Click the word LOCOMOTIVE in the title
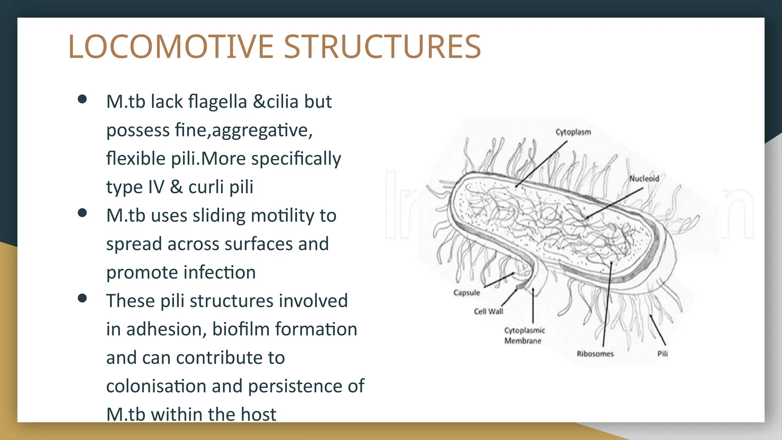[x=171, y=47]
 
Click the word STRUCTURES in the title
[x=382, y=47]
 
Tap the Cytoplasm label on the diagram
[x=573, y=132]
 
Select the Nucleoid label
[x=644, y=178]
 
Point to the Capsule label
[x=467, y=293]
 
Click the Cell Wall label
[x=488, y=311]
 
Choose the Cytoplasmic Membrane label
[x=524, y=335]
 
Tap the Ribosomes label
[x=595, y=354]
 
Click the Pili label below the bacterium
[x=662, y=354]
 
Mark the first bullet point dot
[x=82, y=99]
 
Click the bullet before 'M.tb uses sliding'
[x=82, y=213]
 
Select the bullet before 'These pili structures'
[x=82, y=298]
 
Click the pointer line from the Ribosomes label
[x=607, y=306]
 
